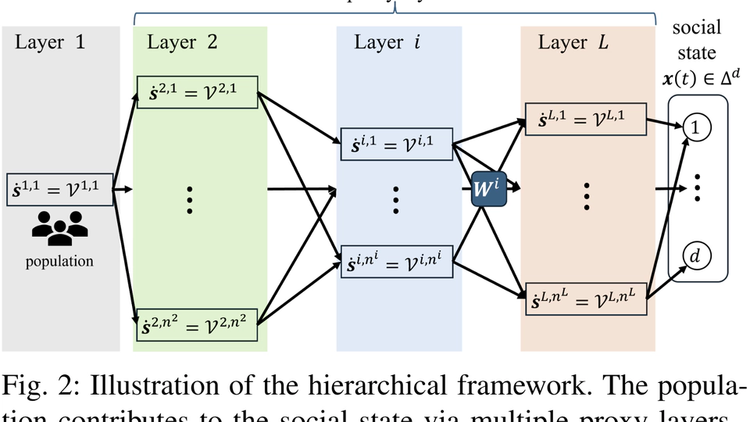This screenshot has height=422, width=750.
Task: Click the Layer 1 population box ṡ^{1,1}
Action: click(60, 188)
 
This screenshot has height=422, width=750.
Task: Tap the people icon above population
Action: click(59, 227)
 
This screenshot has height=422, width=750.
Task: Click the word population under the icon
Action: click(59, 261)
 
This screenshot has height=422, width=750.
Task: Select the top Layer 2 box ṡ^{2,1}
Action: click(197, 93)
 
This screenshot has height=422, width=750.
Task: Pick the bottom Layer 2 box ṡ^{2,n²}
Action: click(197, 324)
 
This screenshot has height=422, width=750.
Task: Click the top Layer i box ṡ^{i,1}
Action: click(397, 143)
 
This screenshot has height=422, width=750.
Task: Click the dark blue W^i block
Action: click(489, 188)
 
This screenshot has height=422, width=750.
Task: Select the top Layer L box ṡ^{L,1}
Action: click(586, 120)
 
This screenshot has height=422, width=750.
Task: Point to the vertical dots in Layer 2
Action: click(189, 201)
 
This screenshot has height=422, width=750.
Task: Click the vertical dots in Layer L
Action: click(587, 197)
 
